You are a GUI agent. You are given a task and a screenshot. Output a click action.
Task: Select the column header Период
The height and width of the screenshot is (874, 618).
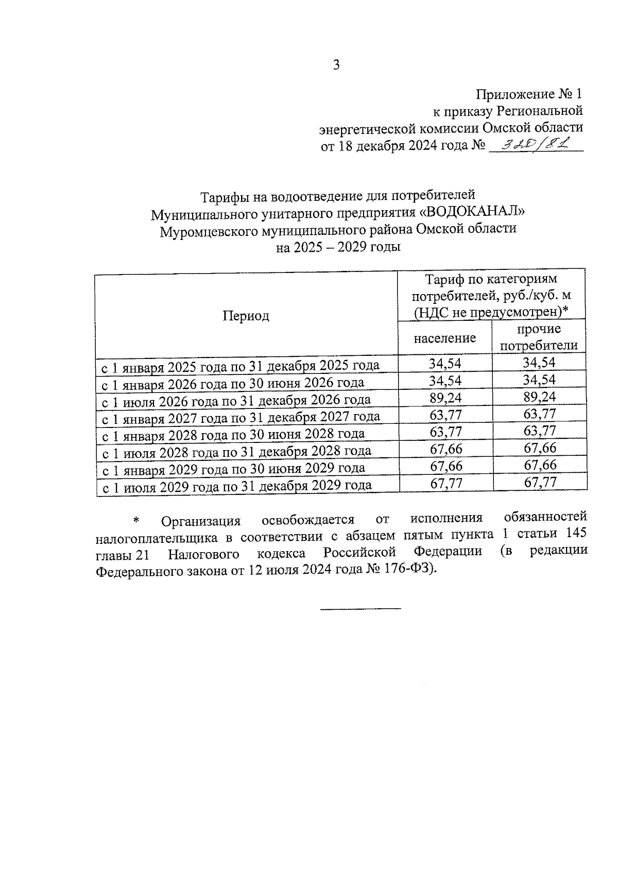[x=246, y=316]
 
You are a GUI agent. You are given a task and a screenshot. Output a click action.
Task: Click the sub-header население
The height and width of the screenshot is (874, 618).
[x=445, y=338]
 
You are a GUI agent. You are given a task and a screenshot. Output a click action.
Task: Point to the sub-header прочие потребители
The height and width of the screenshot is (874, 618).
[x=539, y=337]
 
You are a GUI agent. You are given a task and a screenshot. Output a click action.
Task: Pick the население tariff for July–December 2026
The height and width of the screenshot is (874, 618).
[x=445, y=397]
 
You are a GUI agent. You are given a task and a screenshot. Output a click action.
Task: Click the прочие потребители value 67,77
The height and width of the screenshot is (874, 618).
[x=540, y=483]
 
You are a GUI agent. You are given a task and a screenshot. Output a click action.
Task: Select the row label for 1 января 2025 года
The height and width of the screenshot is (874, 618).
[x=240, y=366]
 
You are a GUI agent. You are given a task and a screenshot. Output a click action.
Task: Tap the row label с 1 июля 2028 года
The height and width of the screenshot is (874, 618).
[x=236, y=452]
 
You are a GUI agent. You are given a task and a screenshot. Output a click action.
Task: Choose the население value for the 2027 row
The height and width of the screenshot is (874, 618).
[x=445, y=414]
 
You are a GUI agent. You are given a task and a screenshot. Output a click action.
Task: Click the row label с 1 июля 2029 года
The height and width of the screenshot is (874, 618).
[x=237, y=486]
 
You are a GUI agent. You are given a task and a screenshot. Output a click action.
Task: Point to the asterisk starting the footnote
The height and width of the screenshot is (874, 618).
[x=136, y=521]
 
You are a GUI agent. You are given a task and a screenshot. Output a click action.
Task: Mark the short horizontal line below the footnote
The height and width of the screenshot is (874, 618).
[x=360, y=610]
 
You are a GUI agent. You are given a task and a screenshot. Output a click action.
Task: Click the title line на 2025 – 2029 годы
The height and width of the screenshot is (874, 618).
[x=338, y=247]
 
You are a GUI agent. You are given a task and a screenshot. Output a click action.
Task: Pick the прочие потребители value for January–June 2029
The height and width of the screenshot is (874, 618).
[x=540, y=465]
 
